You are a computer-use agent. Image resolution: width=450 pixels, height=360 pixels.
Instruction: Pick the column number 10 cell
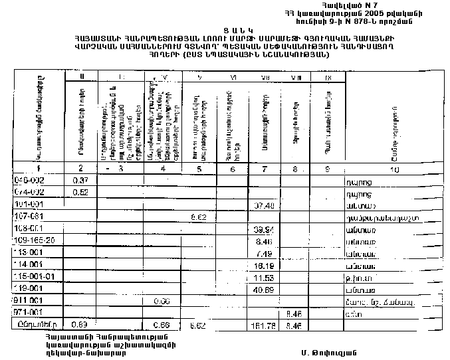tap(395, 169)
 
